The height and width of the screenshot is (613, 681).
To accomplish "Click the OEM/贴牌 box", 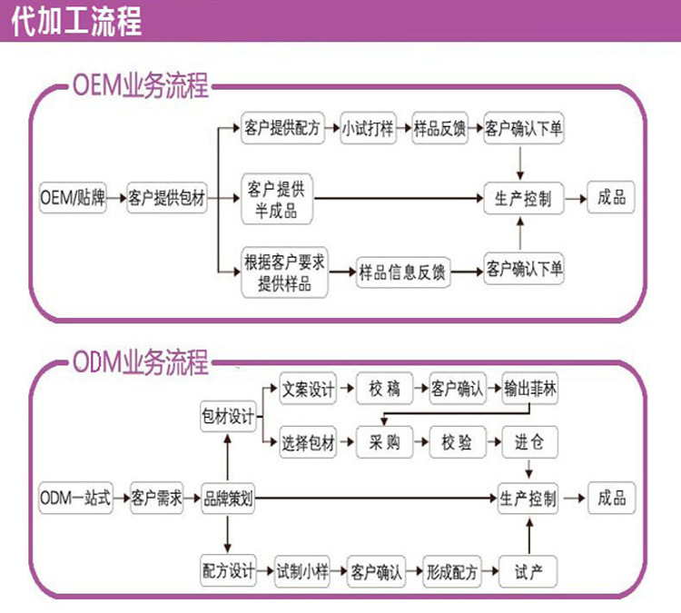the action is [74, 198].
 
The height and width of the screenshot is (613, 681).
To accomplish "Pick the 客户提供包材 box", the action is [166, 198].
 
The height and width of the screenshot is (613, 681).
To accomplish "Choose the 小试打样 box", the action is [368, 129].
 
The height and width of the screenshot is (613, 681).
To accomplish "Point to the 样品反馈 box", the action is [440, 129].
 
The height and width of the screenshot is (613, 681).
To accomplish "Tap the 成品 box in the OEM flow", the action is [611, 197].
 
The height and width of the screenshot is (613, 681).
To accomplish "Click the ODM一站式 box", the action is [76, 498].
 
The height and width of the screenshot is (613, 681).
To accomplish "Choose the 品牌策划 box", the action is [228, 498].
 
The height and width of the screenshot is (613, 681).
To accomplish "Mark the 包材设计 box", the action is [228, 417].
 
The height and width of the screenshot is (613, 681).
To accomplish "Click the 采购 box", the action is [384, 443].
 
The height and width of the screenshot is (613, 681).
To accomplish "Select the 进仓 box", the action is [529, 443].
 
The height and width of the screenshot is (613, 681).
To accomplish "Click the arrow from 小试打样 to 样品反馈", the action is [404, 129].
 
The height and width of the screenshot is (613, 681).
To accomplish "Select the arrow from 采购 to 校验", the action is [419, 443].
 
